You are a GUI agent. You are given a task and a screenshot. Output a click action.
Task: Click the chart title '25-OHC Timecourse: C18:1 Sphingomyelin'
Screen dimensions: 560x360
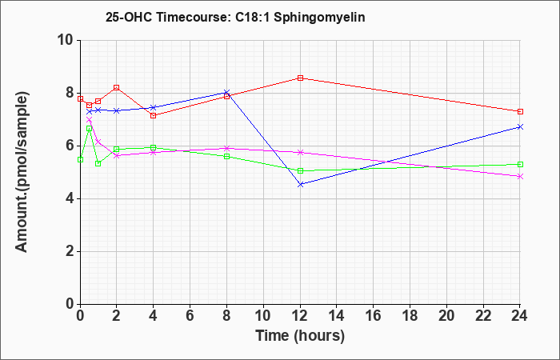point(235,17)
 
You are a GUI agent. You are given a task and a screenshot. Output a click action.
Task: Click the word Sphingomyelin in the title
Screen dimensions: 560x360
point(319,17)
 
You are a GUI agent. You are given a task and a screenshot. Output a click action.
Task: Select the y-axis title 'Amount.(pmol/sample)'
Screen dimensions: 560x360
point(22,172)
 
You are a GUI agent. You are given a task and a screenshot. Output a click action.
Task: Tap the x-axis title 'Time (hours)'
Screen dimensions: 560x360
point(300,336)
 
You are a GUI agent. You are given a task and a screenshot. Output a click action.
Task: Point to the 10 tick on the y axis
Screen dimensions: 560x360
point(66,40)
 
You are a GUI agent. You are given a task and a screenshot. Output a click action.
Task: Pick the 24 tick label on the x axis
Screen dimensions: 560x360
point(520,316)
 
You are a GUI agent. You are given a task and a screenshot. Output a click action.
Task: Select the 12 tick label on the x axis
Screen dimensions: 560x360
point(300,316)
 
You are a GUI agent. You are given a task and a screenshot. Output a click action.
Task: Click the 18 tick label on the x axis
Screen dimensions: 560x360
point(410,316)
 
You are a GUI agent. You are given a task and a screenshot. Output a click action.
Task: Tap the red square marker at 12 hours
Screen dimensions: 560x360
point(300,78)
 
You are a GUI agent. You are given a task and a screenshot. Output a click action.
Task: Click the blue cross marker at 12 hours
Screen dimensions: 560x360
point(300,184)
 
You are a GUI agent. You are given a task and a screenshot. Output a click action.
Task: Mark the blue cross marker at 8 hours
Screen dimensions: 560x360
point(226,93)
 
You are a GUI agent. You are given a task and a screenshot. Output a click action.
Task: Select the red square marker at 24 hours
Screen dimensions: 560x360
point(520,111)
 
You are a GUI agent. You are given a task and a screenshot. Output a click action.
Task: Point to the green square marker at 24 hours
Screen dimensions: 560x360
point(520,164)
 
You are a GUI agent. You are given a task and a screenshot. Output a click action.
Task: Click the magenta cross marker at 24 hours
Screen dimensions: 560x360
point(520,177)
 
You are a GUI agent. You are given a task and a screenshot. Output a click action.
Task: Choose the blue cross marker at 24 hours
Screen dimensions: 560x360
point(520,126)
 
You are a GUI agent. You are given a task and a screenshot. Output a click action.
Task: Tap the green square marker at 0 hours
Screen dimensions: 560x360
point(80,160)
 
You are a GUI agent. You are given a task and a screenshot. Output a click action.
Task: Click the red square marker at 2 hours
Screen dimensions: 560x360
point(117,87)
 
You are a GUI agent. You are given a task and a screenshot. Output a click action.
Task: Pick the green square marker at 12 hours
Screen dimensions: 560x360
point(300,170)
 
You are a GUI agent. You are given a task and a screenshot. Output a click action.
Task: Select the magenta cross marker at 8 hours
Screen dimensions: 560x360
point(226,148)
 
